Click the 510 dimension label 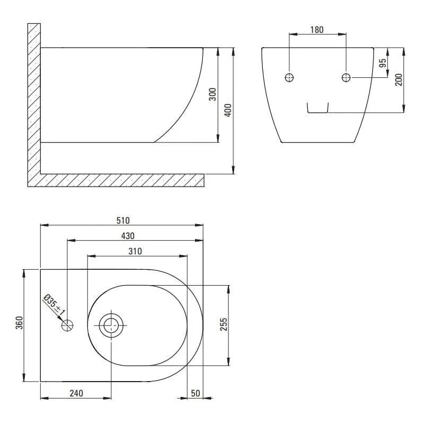click(x=122, y=220)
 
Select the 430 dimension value click(x=128, y=235)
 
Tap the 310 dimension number click(x=135, y=252)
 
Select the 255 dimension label click(x=223, y=325)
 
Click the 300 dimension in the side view click(x=213, y=95)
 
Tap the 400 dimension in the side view click(x=228, y=110)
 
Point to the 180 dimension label click(x=316, y=30)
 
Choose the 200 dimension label click(x=399, y=79)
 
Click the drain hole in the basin click(x=111, y=325)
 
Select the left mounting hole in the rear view click(x=289, y=78)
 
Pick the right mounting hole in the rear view click(x=346, y=78)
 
